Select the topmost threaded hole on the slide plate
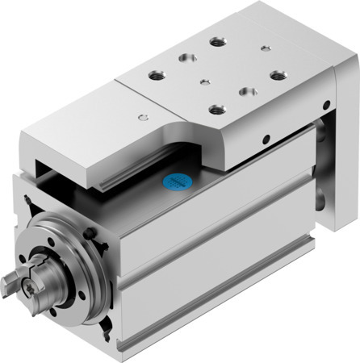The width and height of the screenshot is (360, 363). coord(217,40)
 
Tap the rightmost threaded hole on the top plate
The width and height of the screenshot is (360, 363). coord(278,75)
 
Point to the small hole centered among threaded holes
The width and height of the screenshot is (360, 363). coord(206,81)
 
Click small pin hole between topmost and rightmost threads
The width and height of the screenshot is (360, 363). coord(266,48)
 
